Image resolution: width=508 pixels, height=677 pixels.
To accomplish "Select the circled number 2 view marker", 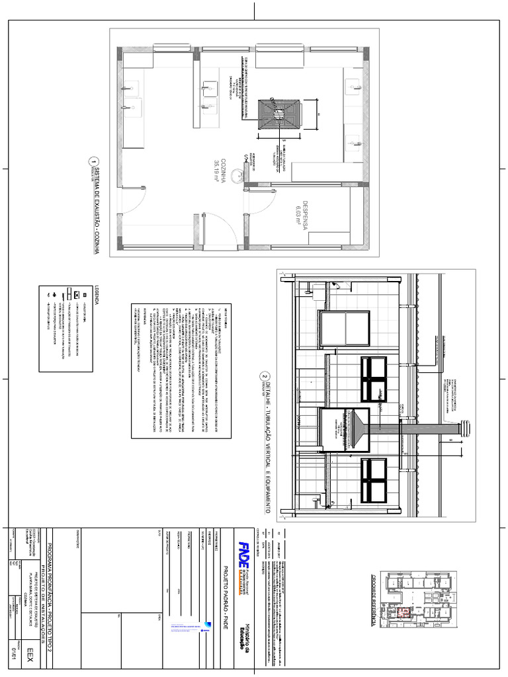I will (x=265, y=379).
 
